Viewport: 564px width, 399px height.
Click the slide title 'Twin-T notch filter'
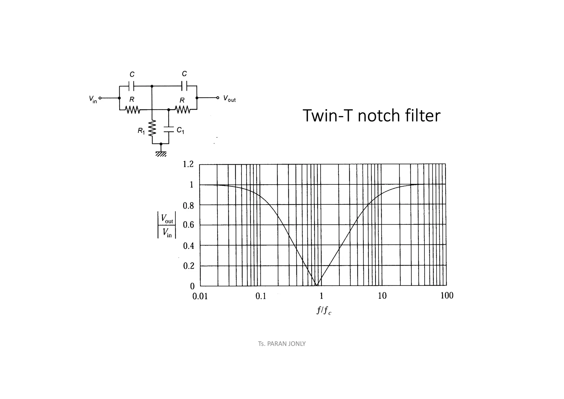(x=371, y=115)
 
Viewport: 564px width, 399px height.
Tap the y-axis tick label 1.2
(x=188, y=165)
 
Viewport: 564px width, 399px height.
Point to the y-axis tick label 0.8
(x=188, y=206)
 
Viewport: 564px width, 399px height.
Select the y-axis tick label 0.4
(x=188, y=246)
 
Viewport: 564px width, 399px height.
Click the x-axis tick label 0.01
(x=200, y=296)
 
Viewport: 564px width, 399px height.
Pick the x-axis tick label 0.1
(x=261, y=296)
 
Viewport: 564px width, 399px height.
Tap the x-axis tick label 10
(x=382, y=296)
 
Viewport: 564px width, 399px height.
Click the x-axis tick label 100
(x=447, y=296)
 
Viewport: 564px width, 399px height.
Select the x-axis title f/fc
(x=324, y=311)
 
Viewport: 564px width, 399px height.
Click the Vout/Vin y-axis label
(x=167, y=225)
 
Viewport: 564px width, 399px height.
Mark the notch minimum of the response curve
(x=317, y=285)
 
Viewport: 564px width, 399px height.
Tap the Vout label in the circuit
(x=229, y=99)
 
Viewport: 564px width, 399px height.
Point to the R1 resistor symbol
(x=152, y=128)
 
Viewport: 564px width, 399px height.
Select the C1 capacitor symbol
(x=169, y=130)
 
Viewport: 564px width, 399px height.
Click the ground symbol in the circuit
(x=161, y=153)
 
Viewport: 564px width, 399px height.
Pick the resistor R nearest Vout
(x=183, y=110)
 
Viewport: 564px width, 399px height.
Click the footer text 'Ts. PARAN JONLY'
(x=282, y=344)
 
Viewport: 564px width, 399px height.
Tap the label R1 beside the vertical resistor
(x=141, y=131)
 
